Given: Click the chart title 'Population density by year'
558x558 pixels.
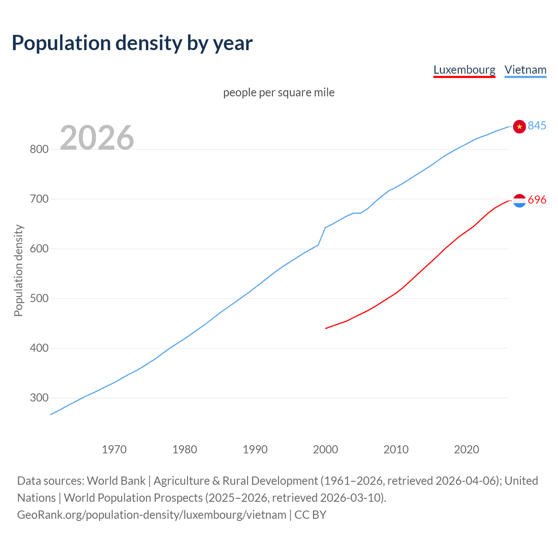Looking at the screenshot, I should pyautogui.click(x=132, y=43).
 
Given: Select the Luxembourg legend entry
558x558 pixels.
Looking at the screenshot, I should pyautogui.click(x=464, y=70).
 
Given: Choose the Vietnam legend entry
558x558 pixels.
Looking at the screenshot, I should pyautogui.click(x=525, y=70).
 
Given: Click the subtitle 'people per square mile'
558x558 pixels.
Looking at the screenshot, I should pyautogui.click(x=279, y=92).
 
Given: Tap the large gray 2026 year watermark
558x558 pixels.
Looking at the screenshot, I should pyautogui.click(x=97, y=138).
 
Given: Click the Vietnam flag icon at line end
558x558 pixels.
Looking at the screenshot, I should pyautogui.click(x=519, y=126).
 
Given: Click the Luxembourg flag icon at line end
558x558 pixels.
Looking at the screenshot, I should pyautogui.click(x=519, y=201).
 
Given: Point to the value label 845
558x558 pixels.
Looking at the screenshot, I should pyautogui.click(x=537, y=126).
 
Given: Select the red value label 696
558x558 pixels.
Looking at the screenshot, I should pyautogui.click(x=537, y=200).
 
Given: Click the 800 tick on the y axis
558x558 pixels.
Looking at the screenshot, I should pyautogui.click(x=39, y=150).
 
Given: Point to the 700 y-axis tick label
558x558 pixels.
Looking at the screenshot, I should pyautogui.click(x=39, y=199).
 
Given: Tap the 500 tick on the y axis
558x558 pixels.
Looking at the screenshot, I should pyautogui.click(x=39, y=299).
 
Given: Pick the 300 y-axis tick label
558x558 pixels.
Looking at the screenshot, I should pyautogui.click(x=39, y=398).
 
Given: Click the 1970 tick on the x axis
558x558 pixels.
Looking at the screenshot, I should pyautogui.click(x=114, y=449).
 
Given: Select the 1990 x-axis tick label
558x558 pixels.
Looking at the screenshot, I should pyautogui.click(x=255, y=449).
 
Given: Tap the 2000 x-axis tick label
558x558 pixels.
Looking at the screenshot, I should pyautogui.click(x=326, y=449).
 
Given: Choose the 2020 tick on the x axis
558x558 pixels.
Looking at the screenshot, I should pyautogui.click(x=466, y=449).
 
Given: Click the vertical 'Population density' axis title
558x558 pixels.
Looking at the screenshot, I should pyautogui.click(x=18, y=270).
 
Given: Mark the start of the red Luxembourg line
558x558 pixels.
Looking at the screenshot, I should pyautogui.click(x=326, y=328).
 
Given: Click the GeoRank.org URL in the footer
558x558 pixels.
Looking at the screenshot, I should pyautogui.click(x=152, y=515).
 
